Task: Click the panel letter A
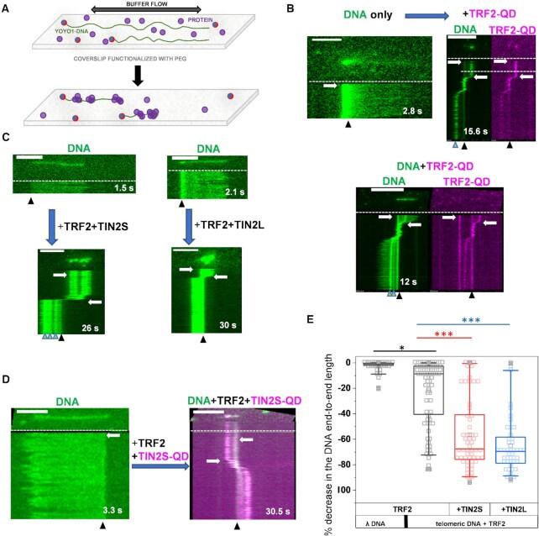(x=10, y=8)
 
